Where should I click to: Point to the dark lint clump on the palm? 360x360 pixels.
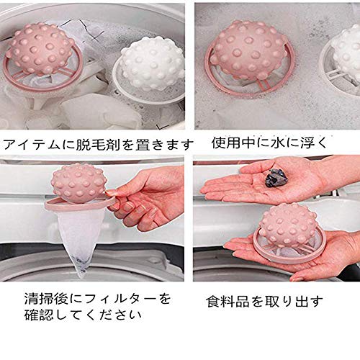click(276, 178)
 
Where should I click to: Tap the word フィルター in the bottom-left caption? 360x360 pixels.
click(120, 300)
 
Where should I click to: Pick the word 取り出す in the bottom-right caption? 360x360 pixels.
click(294, 302)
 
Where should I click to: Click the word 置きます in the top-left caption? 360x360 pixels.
click(164, 145)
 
